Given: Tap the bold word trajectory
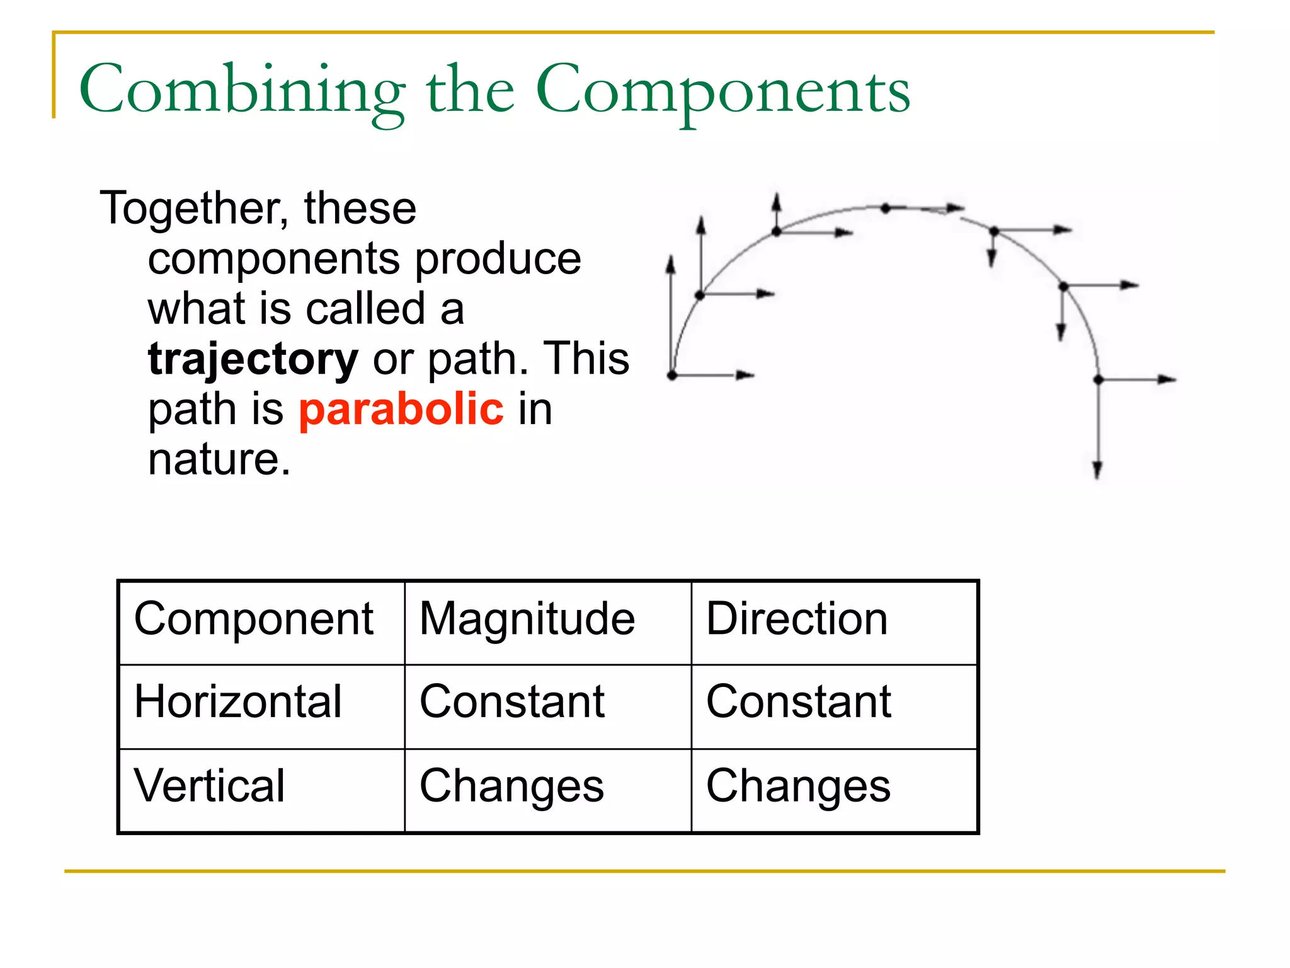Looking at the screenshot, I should point(253,359).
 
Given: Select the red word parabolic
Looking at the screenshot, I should point(401,409).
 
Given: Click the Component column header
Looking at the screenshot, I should point(254,619).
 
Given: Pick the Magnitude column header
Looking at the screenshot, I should point(527,619).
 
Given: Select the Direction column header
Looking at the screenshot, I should point(797,619).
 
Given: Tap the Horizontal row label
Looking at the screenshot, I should point(238,702).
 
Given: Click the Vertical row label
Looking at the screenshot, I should point(210,786).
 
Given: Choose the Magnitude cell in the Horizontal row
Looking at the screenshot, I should point(511,702).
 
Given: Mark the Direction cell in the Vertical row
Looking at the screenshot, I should point(798,786).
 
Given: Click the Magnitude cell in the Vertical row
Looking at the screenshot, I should point(511,786).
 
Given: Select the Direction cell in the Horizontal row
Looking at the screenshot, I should point(798,702).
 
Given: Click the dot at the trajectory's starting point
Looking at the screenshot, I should point(672,376).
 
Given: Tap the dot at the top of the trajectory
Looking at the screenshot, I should point(886,208).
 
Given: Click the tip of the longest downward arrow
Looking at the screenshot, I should point(1097,477).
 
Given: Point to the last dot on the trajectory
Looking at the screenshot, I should point(1099,379).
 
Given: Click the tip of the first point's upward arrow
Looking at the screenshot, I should point(671,258).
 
